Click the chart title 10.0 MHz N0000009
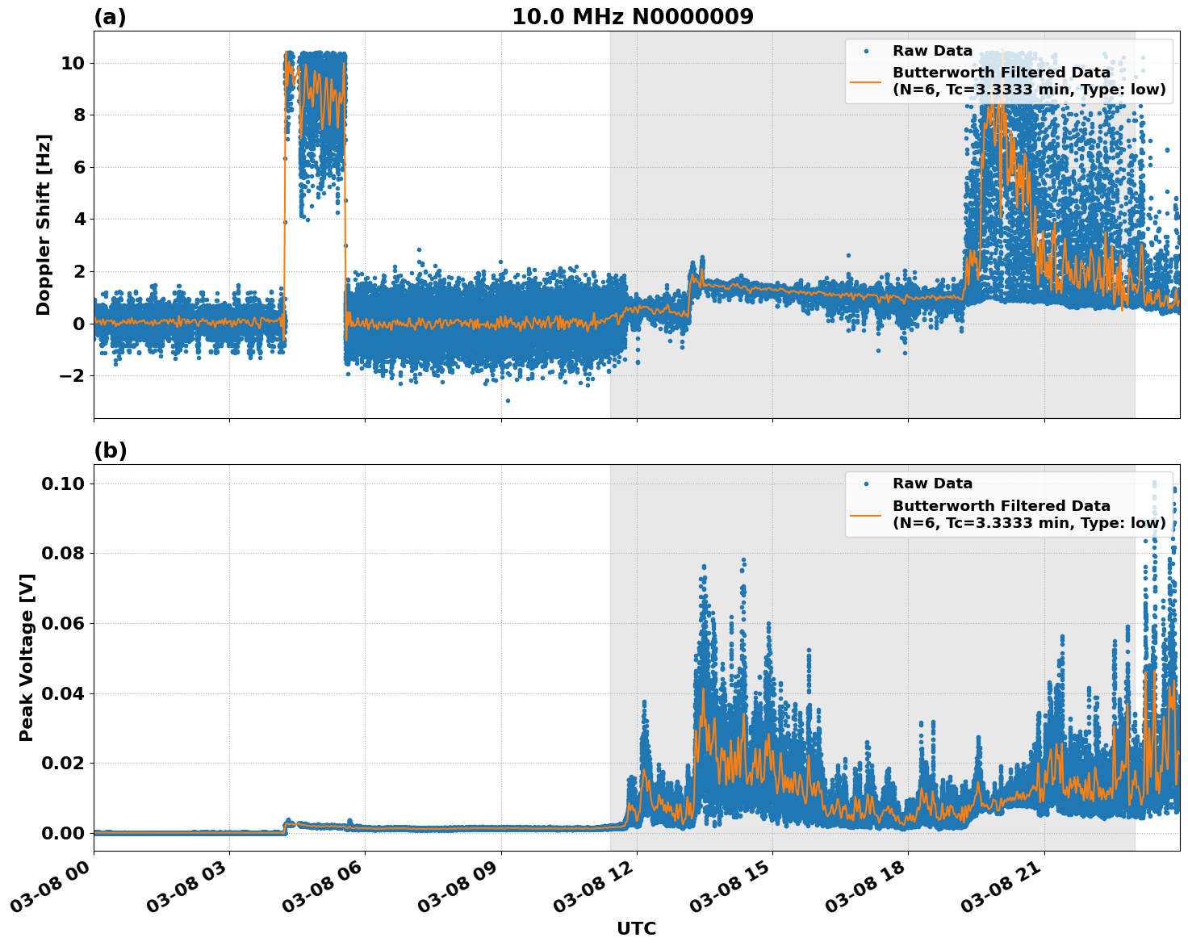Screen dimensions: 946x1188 632,17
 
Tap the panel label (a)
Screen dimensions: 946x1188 110,17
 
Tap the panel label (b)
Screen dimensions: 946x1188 110,450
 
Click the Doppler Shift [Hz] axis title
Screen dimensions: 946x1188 44,224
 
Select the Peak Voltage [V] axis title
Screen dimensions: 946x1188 27,657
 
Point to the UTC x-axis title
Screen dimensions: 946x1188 636,928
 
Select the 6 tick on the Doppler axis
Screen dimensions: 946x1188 78,167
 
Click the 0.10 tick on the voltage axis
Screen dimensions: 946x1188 62,483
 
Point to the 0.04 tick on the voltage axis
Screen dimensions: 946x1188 62,693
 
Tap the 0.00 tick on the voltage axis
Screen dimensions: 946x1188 62,833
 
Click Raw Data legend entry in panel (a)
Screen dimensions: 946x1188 932,51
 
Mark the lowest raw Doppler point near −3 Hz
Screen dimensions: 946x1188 508,400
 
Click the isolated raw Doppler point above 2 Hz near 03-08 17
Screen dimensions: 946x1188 848,255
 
